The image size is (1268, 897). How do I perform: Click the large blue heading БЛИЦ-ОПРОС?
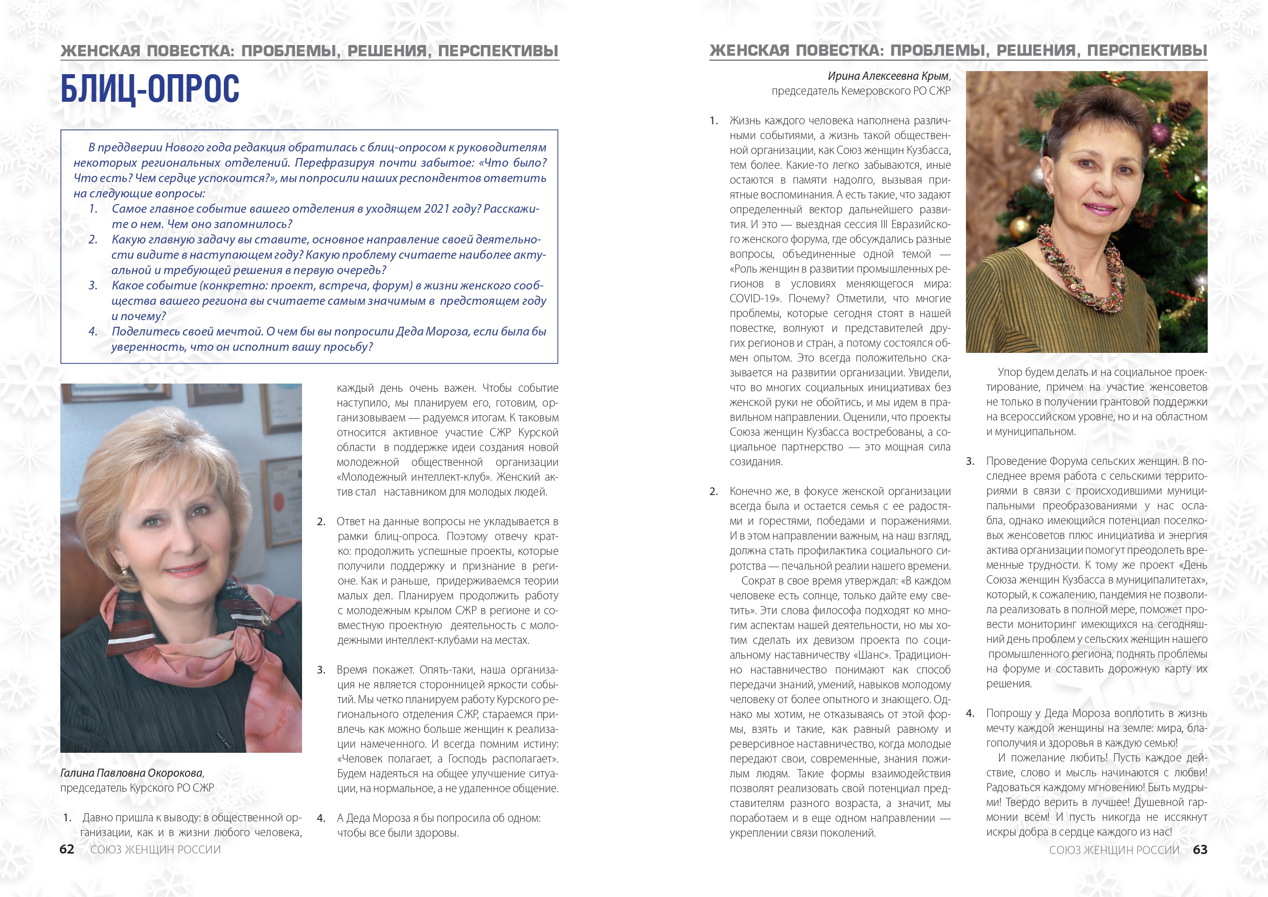tap(150, 89)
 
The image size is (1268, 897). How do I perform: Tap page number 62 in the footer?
tap(67, 849)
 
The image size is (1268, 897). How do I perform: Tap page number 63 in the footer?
tap(1200, 849)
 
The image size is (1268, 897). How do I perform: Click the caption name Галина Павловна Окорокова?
tap(132, 773)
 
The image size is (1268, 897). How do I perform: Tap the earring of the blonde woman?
tap(124, 569)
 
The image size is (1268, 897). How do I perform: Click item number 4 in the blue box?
tap(93, 331)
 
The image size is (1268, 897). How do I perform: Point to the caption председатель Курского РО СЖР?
tap(137, 788)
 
